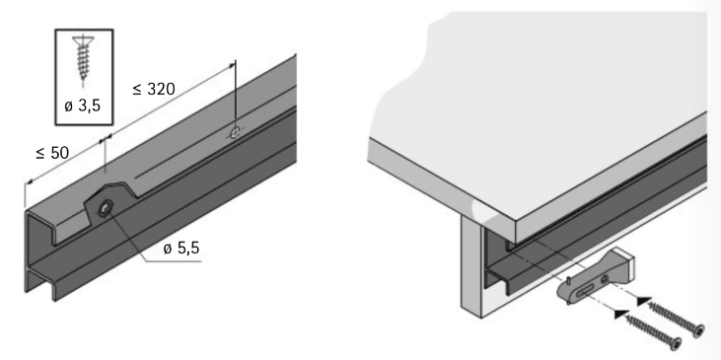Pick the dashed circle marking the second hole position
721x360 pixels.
coord(233,131)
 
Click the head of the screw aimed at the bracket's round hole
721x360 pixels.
coord(699,328)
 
